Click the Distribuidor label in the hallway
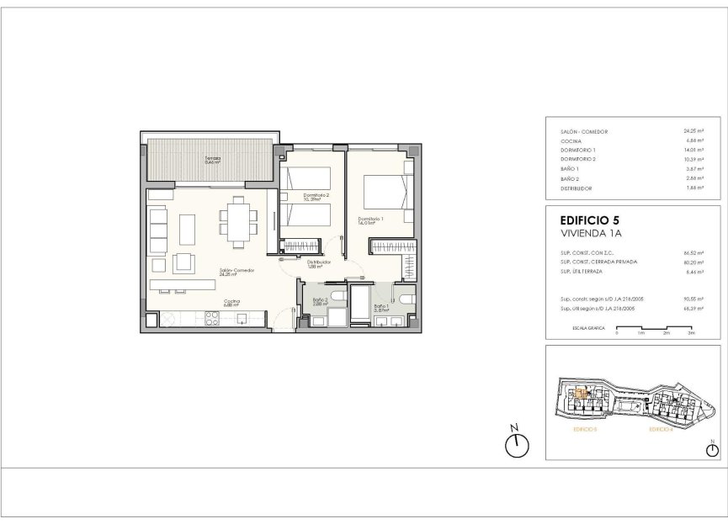318,262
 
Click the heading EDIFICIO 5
590,221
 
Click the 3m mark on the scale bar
690,334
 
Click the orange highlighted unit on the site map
581,394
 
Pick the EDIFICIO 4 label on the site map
662,430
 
